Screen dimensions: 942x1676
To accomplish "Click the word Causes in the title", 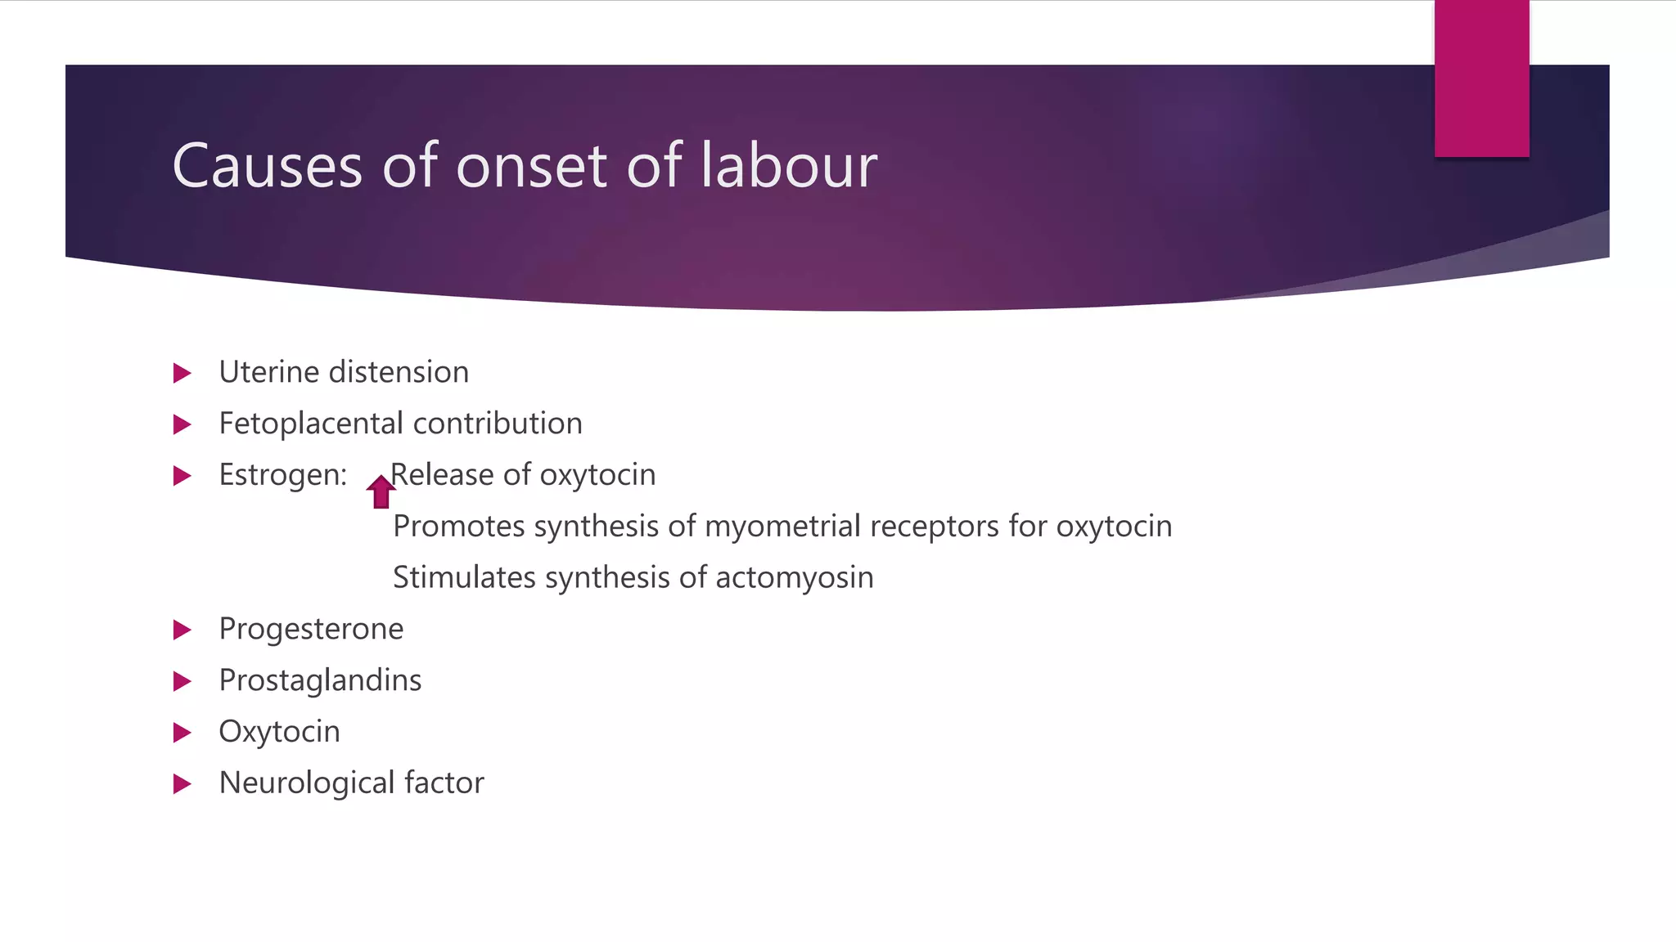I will point(267,166).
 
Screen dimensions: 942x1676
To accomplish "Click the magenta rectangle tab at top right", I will point(1481,78).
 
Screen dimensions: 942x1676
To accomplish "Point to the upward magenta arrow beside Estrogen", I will point(381,491).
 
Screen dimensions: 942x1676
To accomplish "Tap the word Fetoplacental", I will point(311,424).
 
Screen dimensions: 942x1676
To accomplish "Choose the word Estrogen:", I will point(283,475).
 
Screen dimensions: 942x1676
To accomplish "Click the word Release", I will point(442,475).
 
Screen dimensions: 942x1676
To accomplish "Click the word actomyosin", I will point(794,577).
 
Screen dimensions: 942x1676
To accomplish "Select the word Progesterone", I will point(311,629).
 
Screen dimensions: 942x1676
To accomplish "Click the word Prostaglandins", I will point(320,680).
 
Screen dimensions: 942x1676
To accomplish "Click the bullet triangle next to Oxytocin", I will point(182,733).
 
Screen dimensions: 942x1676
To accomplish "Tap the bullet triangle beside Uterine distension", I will point(182,374).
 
